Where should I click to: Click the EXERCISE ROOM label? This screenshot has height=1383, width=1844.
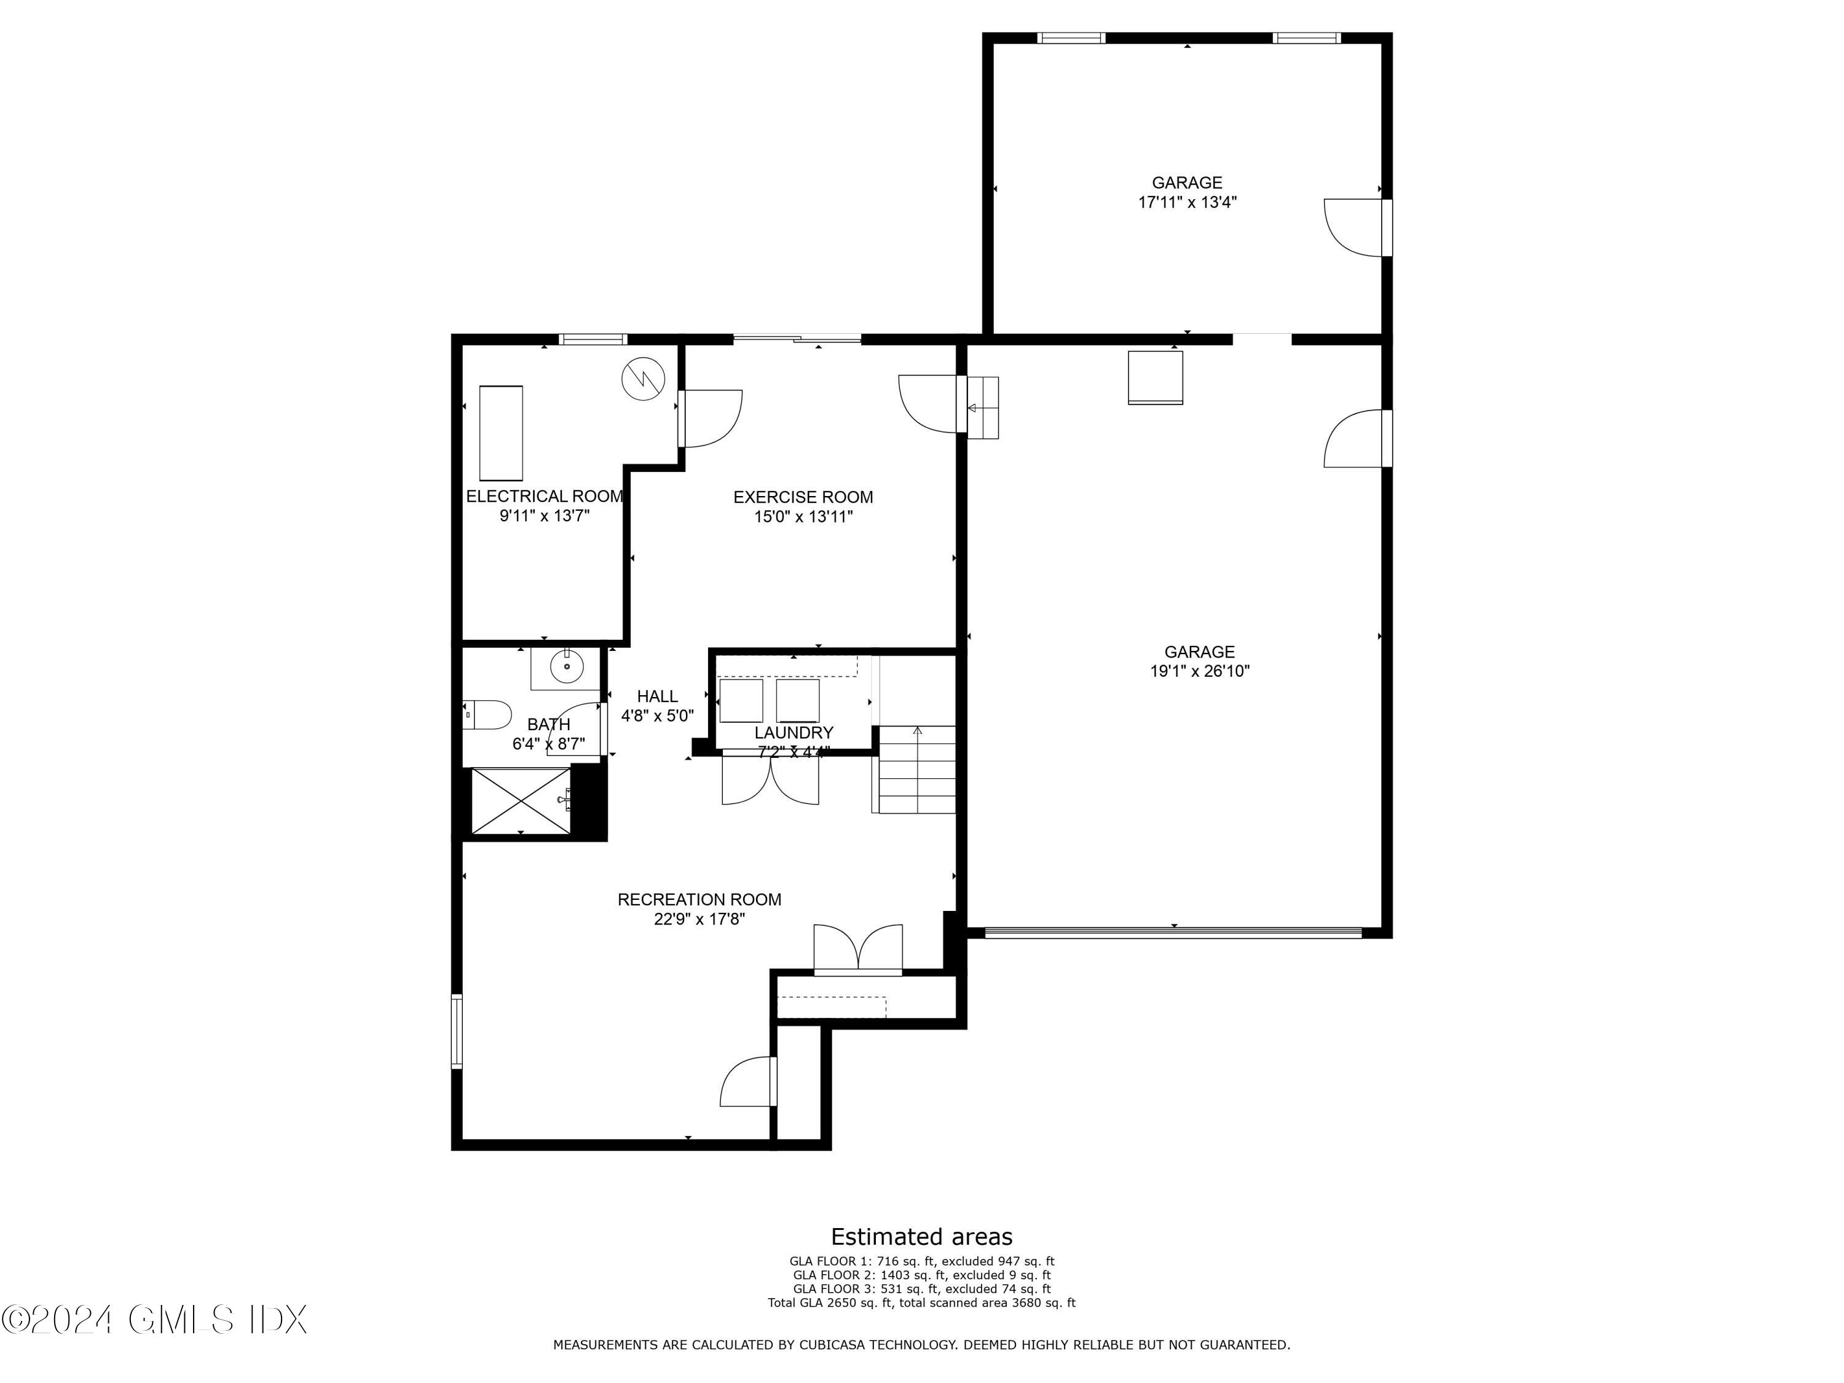tap(803, 497)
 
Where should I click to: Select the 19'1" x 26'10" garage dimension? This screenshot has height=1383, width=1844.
tap(1200, 671)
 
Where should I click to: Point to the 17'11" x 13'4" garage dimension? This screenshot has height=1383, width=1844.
tap(1187, 202)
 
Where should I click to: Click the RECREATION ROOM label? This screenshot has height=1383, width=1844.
tap(699, 899)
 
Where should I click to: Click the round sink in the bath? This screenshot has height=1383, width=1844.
tap(566, 667)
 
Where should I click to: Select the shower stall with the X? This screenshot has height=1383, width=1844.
tap(520, 800)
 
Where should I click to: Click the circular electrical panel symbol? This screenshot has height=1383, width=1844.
tap(644, 380)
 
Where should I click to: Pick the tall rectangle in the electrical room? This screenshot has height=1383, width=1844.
tap(501, 432)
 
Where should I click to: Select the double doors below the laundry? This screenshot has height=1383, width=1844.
tap(770, 779)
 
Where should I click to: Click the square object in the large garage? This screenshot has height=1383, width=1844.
tap(1156, 377)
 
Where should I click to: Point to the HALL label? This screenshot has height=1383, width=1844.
tap(657, 696)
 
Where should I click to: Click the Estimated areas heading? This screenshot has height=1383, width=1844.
tap(921, 1236)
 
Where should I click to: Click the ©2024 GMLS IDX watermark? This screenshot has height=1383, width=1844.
tap(155, 1320)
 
